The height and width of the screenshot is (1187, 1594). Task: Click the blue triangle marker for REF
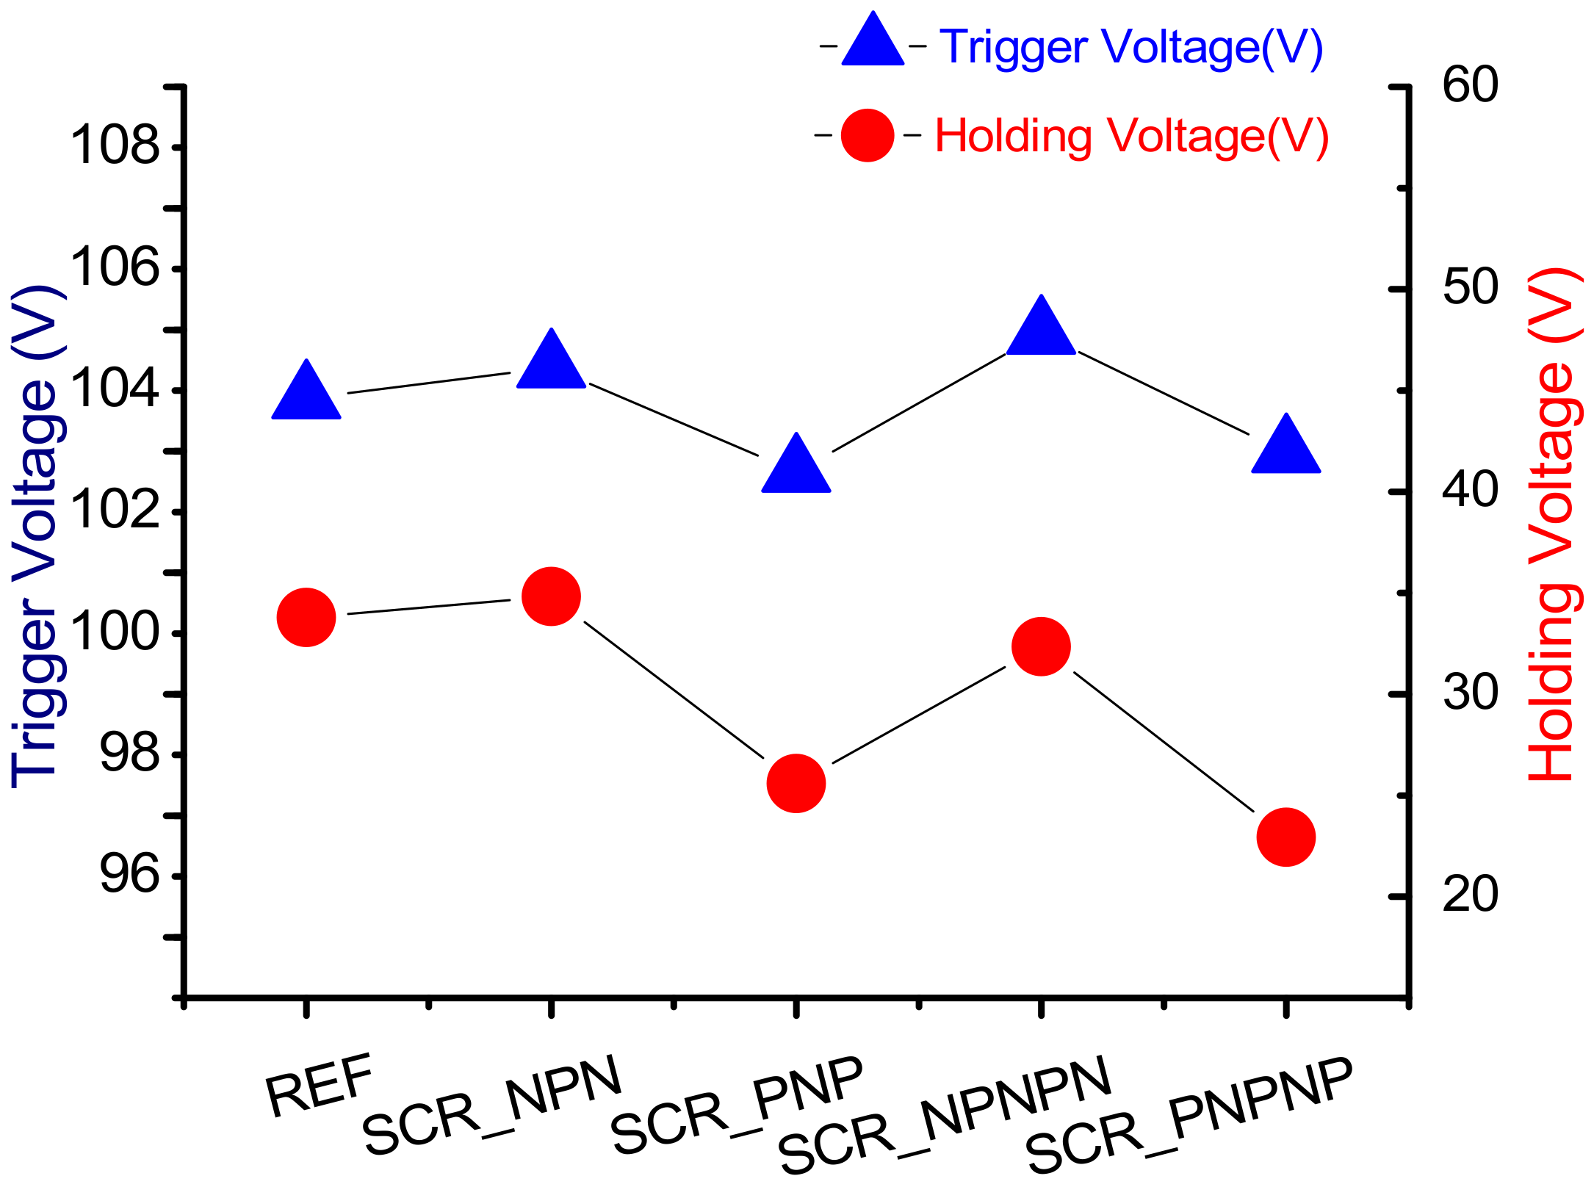[306, 395]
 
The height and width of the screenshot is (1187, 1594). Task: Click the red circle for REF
[306, 618]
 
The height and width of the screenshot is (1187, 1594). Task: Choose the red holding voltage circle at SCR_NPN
[551, 596]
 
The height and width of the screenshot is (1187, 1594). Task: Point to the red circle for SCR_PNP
[796, 783]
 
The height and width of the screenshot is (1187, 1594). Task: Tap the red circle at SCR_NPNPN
[1041, 646]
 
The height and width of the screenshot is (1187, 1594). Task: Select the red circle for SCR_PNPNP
[1285, 837]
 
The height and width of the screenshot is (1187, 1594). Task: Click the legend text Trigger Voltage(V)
[1131, 48]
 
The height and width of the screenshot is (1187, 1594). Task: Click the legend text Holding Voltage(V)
[1131, 137]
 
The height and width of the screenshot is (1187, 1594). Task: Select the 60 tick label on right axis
[1470, 85]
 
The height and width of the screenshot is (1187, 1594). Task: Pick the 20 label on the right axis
[1470, 895]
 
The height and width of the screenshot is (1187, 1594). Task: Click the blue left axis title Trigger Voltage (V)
[37, 536]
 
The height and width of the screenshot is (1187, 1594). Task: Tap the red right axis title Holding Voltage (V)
[1554, 524]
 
